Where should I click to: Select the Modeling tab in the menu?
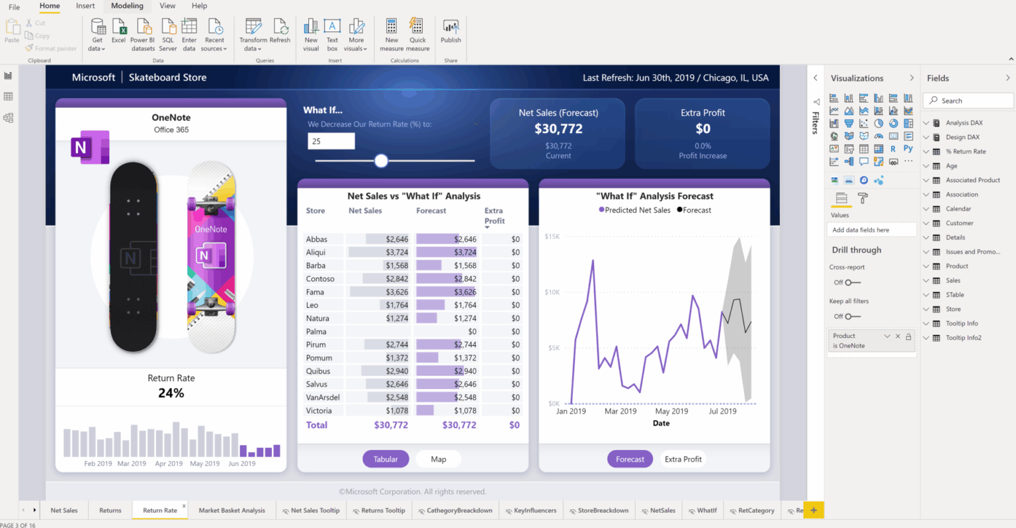pyautogui.click(x=127, y=6)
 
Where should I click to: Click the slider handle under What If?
pyautogui.click(x=381, y=161)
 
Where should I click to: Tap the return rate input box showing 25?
pyautogui.click(x=331, y=141)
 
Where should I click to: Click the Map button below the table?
pyautogui.click(x=438, y=459)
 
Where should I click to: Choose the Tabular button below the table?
pyautogui.click(x=386, y=459)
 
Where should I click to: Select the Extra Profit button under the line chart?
pyautogui.click(x=683, y=459)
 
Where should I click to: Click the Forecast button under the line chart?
pyautogui.click(x=630, y=459)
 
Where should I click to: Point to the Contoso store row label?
pyautogui.click(x=320, y=279)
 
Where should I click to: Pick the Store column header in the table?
pyautogui.click(x=316, y=211)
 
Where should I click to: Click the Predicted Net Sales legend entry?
pyautogui.click(x=634, y=210)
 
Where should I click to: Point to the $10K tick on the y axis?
pyautogui.click(x=552, y=292)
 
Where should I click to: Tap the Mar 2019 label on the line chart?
pyautogui.click(x=620, y=412)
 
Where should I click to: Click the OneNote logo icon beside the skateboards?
pyautogui.click(x=89, y=146)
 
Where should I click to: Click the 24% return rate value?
pyautogui.click(x=171, y=393)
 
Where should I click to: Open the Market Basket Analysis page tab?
pyautogui.click(x=232, y=511)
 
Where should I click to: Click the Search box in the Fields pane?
pyautogui.click(x=969, y=101)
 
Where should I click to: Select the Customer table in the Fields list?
pyautogui.click(x=959, y=224)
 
